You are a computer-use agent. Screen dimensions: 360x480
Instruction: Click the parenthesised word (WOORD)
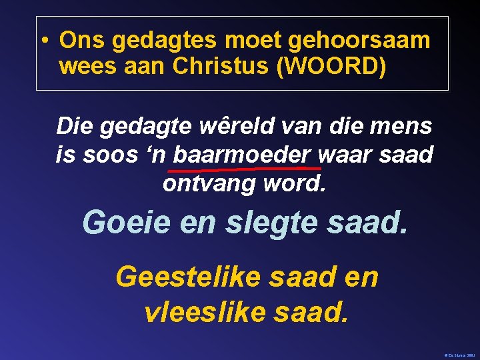point(336,67)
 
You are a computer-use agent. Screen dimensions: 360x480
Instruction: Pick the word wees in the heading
point(87,67)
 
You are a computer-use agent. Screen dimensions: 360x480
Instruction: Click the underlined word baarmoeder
point(242,155)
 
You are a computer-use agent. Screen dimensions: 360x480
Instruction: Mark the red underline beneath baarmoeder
point(247,168)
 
